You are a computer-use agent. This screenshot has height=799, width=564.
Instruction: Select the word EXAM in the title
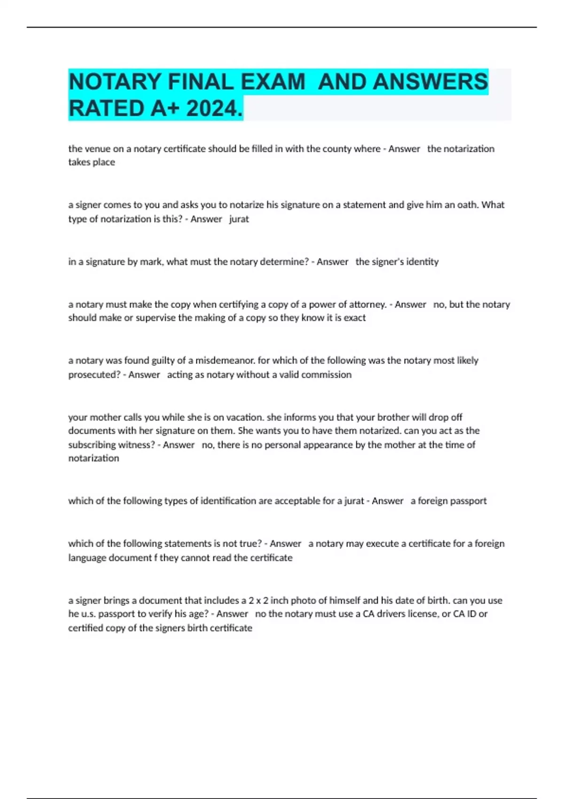coord(273,82)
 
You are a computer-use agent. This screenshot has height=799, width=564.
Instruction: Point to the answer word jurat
coord(239,219)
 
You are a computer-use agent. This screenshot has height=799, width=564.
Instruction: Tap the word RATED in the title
coord(106,109)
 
